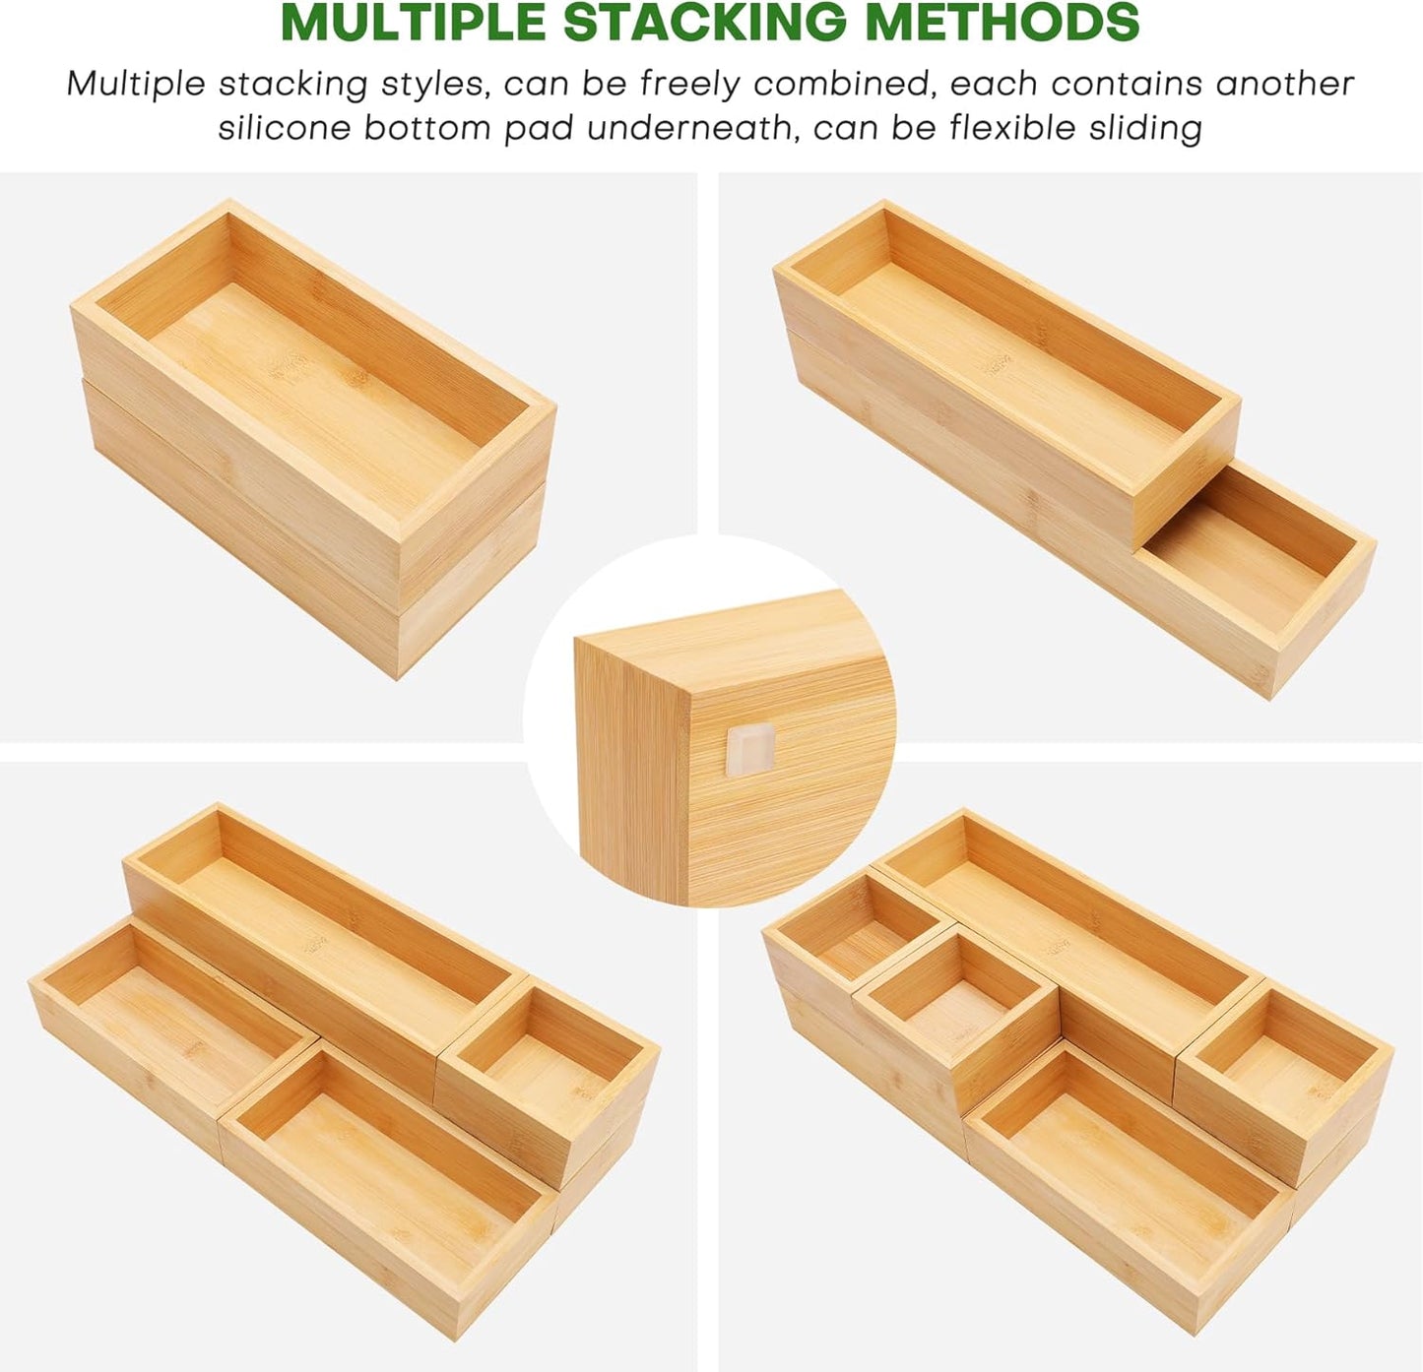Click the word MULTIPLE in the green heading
(415, 24)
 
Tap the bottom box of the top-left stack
(295, 551)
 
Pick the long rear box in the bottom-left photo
(315, 935)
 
